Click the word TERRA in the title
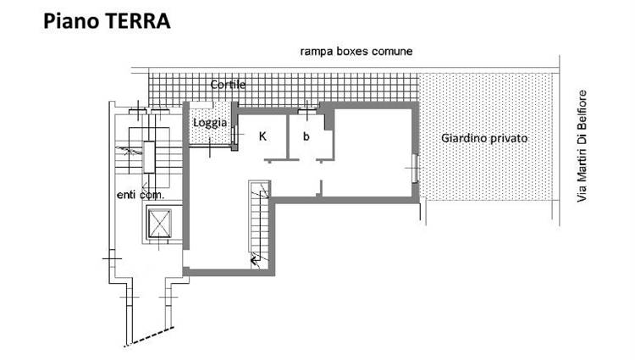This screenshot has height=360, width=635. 137,21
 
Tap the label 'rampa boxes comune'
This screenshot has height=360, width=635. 356,52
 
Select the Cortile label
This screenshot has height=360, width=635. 228,85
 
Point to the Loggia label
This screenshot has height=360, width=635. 210,123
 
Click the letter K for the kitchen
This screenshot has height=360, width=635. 262,136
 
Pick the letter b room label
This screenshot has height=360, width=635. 306,136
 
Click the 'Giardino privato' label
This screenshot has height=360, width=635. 484,138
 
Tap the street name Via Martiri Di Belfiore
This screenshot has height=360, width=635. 582,147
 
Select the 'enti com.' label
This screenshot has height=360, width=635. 141,195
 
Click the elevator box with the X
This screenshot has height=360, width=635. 160,223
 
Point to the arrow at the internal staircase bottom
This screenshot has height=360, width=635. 255,259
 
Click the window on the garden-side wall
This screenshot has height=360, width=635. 415,168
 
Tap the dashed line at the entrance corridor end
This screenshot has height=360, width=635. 149,337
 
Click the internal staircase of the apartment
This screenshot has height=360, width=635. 259,225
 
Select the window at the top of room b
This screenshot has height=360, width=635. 307,111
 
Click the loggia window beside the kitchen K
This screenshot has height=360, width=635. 234,135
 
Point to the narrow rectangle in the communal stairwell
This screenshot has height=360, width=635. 149,157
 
